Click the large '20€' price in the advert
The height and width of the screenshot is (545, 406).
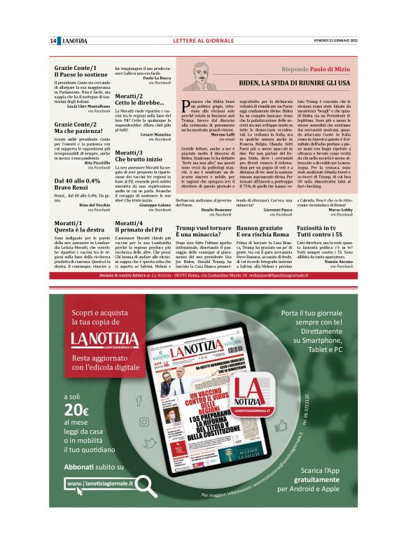[76, 410]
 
